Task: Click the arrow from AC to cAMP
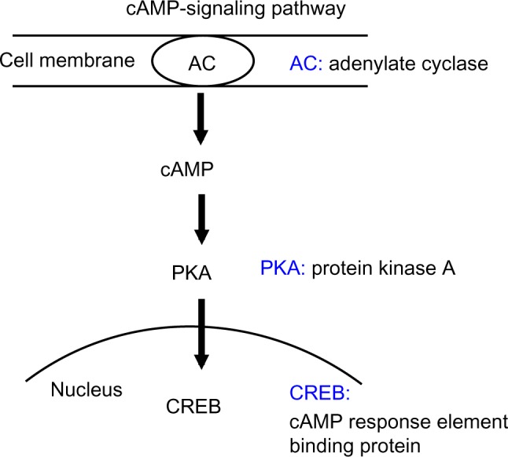[201, 118]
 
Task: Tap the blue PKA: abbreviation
[282, 269]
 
